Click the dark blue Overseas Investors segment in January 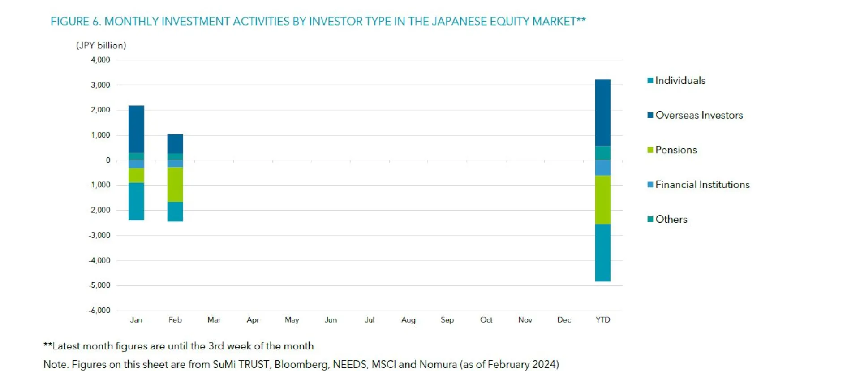pos(136,129)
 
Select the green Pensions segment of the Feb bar pos(175,185)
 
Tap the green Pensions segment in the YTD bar pos(602,200)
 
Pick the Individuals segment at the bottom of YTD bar pos(602,253)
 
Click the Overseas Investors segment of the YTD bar pos(602,112)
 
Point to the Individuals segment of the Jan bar pos(136,201)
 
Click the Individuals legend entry pos(679,81)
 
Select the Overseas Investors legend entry pos(698,115)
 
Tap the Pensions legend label pos(675,150)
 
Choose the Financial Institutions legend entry pos(701,185)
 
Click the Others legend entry pos(671,220)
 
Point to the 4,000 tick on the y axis pos(100,60)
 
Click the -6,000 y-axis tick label pos(99,311)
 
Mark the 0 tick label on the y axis pos(107,160)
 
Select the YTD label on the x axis pos(602,320)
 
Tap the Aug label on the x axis pos(408,320)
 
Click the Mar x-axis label pos(214,320)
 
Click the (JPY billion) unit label pos(101,45)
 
